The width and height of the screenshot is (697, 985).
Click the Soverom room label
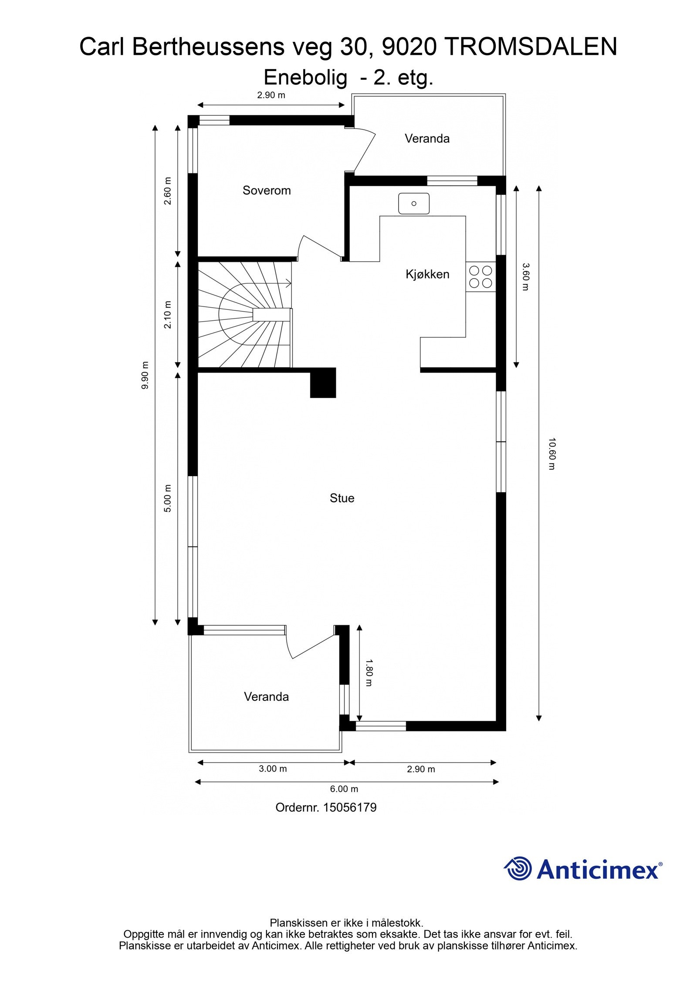[266, 190]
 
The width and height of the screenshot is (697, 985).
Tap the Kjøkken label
[427, 274]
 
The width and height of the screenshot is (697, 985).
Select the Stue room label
[342, 498]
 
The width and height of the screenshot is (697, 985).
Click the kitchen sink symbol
[413, 203]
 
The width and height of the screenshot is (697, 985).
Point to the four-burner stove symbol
[480, 277]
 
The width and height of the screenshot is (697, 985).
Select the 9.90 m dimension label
[145, 375]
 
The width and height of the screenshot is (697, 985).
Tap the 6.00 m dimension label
[344, 789]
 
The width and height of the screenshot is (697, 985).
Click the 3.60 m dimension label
[525, 277]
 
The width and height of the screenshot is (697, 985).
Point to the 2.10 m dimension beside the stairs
[168, 315]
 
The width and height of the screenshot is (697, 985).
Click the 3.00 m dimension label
[273, 768]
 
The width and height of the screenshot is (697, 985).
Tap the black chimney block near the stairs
[323, 383]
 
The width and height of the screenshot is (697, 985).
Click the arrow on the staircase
[288, 284]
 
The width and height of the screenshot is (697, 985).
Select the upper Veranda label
[426, 138]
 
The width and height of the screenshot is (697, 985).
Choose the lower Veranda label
[266, 696]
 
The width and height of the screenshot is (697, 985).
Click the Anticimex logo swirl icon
[518, 869]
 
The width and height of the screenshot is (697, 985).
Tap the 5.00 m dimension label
[168, 498]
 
